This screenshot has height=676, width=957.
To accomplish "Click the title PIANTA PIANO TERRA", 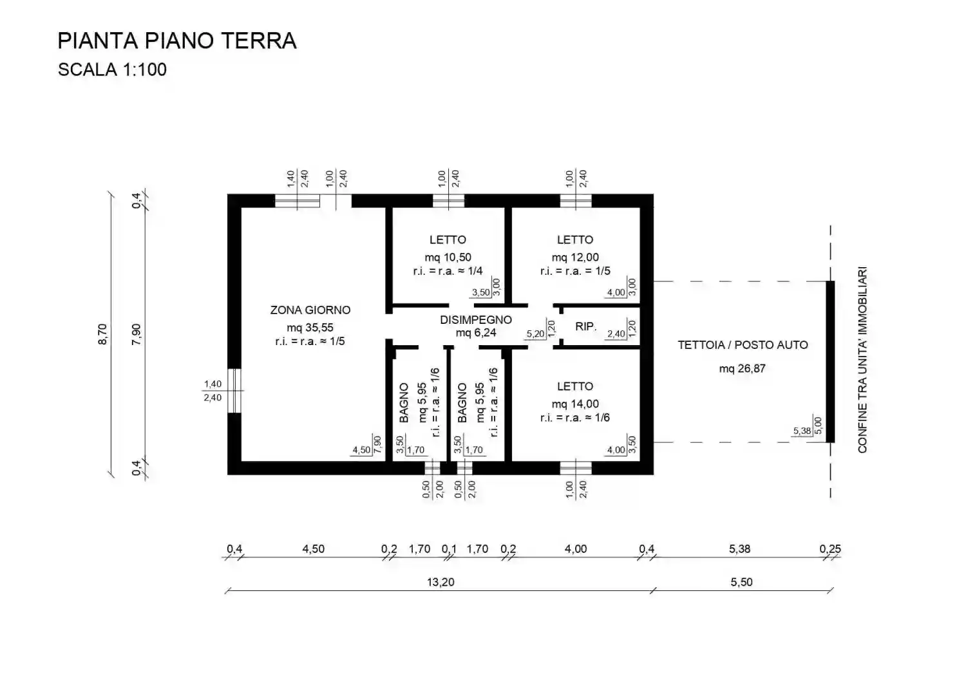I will pos(177,41).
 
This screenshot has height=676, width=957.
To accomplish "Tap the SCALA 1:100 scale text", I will pos(112,70).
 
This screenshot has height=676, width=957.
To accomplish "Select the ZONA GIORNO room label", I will pos(310,310).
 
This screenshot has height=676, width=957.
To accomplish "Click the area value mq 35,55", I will pos(310,327).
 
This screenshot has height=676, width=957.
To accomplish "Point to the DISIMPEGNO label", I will pos(476,320).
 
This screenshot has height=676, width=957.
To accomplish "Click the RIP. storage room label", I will pos(585,327).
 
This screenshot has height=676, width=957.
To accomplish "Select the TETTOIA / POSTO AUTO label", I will pos(743,345).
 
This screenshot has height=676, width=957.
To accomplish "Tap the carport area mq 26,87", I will pos(743,369).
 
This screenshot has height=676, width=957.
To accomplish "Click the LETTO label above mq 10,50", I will pos(448,240).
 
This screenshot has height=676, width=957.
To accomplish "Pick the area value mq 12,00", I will pos(575,258).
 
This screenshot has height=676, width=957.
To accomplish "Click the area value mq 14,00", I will pos(575,404).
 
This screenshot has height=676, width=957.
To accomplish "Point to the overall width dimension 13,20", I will pos(441,582).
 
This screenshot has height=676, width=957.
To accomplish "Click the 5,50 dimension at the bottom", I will pos(741,582).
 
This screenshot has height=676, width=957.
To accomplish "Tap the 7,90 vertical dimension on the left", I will pos(137,334).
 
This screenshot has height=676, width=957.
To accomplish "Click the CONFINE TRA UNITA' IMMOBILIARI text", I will pos(862,361).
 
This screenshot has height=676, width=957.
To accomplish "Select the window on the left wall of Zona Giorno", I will pos(235,390).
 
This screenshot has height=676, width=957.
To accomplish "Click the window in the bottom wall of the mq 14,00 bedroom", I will pos(575,468).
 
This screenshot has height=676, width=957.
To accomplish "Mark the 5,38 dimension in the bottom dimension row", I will pos(739,549).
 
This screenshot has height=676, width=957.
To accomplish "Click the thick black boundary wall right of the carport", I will pos(830,362).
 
